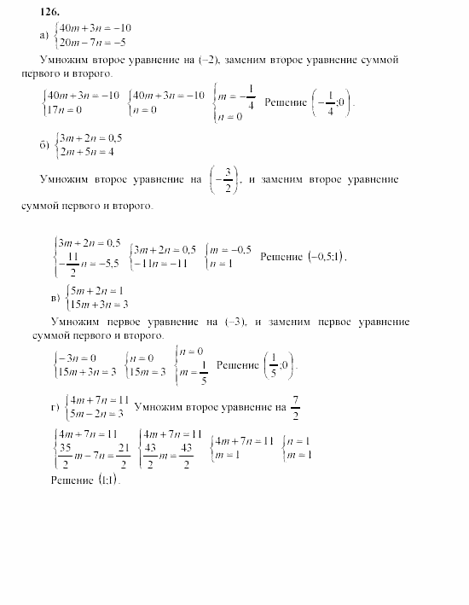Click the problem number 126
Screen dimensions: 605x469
pyautogui.click(x=49, y=12)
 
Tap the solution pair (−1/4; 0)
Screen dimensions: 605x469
pyautogui.click(x=331, y=103)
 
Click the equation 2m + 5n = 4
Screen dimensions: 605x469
pyautogui.click(x=86, y=153)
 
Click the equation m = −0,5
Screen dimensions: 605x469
pyautogui.click(x=229, y=249)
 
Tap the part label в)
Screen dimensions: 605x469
pyautogui.click(x=55, y=297)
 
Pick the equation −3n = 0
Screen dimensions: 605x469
pyautogui.click(x=77, y=358)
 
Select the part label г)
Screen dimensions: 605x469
pyautogui.click(x=55, y=406)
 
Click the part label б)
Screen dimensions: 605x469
pyautogui.click(x=45, y=146)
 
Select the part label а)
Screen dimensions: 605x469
pyautogui.click(x=44, y=35)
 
